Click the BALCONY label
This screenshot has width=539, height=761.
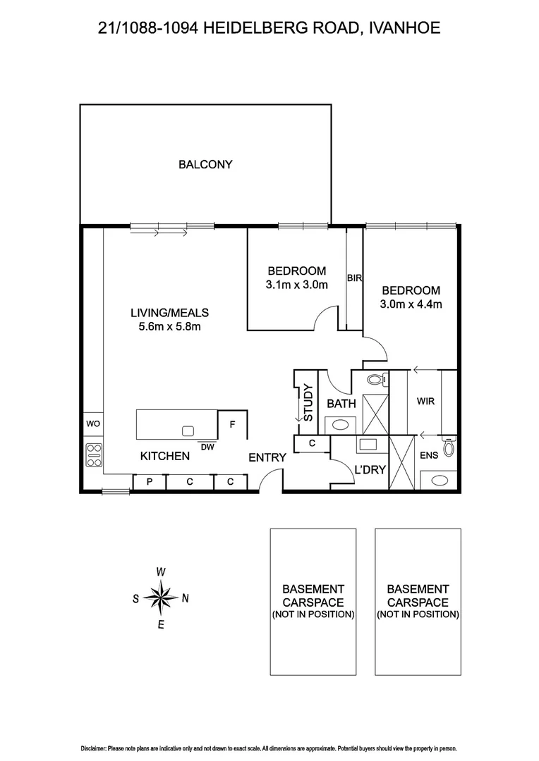click(205, 165)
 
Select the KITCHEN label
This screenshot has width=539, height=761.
click(165, 456)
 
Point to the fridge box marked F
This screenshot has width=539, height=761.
click(231, 425)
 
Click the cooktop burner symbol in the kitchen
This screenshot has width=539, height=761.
click(94, 456)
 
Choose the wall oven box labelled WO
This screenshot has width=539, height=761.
click(92, 425)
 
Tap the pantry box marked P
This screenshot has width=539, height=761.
click(149, 482)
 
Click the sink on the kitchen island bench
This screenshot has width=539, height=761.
click(188, 431)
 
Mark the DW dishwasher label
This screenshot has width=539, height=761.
click(207, 446)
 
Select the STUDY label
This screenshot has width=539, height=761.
click(307, 402)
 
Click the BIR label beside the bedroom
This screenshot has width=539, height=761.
click(354, 278)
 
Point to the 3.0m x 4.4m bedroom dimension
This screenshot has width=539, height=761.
click(411, 304)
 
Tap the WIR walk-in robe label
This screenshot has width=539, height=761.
click(425, 401)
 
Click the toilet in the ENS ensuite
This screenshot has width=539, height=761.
click(448, 447)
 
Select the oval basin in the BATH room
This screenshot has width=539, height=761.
click(341, 425)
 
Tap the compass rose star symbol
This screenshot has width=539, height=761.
click(161, 598)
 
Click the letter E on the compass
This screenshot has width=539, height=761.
click(161, 625)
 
